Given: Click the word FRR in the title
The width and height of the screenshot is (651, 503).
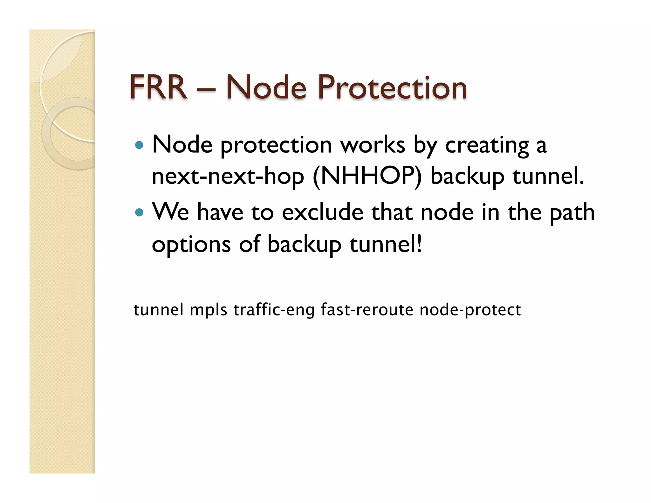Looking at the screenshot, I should [158, 87].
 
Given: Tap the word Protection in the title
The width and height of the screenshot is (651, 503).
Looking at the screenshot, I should [392, 87].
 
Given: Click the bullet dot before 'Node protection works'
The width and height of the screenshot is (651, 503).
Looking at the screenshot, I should [139, 145].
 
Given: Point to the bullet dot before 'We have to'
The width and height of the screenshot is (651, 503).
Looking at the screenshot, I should [139, 212].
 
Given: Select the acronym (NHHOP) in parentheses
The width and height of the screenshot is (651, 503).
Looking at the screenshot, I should [367, 176].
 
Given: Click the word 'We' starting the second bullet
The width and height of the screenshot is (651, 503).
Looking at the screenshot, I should [170, 212].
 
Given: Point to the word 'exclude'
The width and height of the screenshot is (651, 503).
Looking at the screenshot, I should [323, 212].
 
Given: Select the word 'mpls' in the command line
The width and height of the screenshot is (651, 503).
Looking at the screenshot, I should [209, 310].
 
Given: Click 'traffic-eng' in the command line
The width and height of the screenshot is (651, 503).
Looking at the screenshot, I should [274, 310].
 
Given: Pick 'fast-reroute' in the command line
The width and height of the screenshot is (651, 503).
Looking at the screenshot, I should [367, 310].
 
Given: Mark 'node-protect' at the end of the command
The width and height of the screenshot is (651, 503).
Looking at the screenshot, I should [470, 310].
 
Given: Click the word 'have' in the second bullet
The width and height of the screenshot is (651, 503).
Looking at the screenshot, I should [220, 212].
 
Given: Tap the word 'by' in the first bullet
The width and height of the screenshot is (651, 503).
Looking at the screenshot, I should [425, 145].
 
